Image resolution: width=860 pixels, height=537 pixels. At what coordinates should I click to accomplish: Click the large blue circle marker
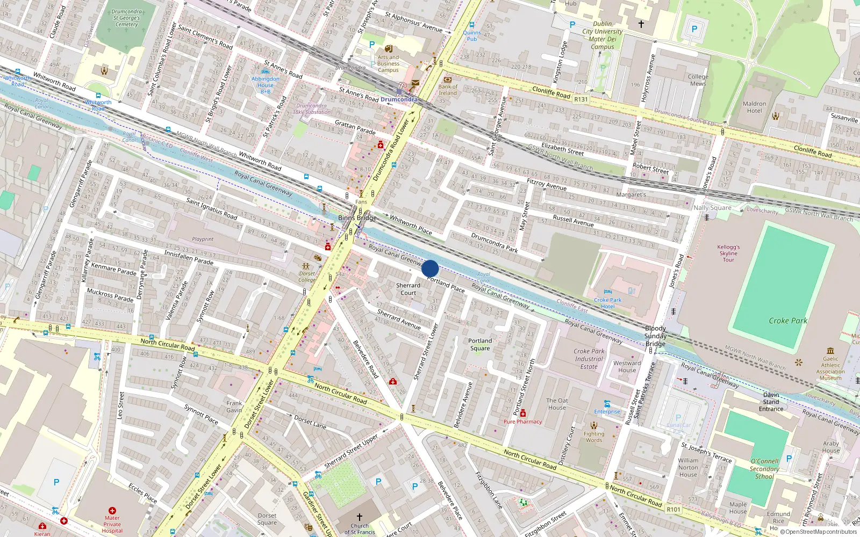pos(430,268)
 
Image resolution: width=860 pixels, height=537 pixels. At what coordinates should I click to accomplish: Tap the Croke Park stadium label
pos(787,321)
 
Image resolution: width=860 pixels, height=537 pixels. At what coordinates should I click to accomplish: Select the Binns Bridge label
pos(357,217)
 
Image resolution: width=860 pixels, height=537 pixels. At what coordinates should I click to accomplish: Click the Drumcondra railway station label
pos(399,99)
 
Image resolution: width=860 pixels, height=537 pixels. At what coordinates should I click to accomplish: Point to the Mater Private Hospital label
pos(112,524)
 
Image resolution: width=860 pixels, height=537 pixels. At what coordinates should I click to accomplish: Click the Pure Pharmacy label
pos(522,422)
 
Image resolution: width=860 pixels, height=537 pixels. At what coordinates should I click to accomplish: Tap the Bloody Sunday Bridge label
pos(655,336)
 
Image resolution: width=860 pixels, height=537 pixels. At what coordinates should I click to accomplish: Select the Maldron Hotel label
pos(754,107)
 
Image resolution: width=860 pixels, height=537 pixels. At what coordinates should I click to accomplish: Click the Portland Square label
pos(480,344)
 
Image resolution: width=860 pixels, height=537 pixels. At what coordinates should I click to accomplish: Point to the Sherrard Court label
pos(408,289)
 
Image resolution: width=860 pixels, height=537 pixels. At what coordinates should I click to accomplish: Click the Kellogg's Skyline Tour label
pos(728,253)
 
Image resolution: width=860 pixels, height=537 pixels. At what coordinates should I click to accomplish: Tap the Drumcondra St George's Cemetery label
pos(127,18)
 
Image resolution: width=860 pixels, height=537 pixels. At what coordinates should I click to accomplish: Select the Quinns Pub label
pos(472,35)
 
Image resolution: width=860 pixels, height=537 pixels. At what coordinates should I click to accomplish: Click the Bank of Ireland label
pos(448,90)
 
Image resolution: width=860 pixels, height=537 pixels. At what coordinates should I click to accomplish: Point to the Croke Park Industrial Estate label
pos(589,359)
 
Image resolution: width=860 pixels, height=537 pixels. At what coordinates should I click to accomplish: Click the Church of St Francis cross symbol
pos(359,517)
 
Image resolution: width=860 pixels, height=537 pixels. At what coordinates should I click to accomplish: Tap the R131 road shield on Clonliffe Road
pos(581,99)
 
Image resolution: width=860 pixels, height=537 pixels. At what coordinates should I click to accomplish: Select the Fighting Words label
pos(594,437)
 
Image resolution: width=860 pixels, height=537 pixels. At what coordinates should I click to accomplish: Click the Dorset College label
pos(307,277)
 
